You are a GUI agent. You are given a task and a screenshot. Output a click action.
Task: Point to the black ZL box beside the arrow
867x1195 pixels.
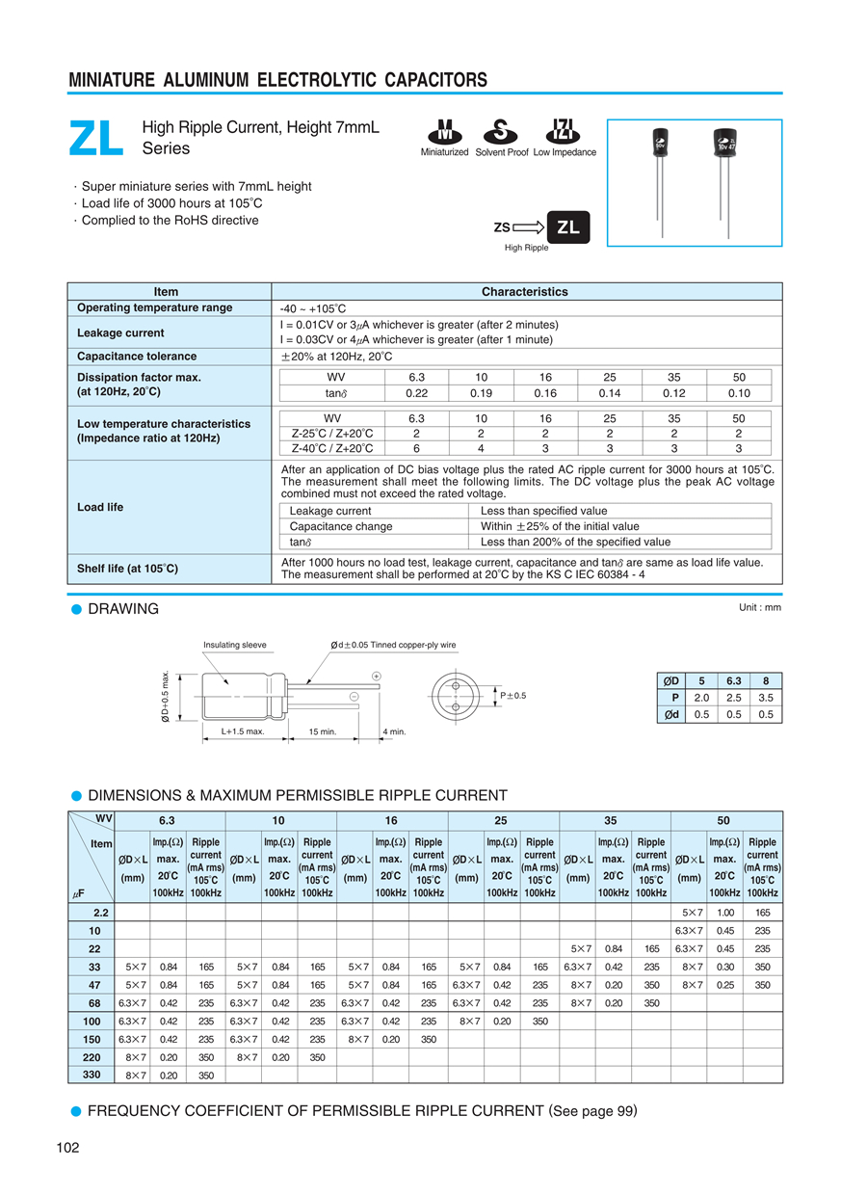click(x=568, y=227)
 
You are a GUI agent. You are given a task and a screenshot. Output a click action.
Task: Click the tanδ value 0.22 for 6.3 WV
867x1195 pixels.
click(x=416, y=393)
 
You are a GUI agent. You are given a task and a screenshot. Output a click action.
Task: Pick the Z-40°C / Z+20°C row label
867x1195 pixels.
click(x=332, y=448)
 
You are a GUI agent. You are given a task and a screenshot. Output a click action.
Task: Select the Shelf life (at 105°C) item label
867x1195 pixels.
click(x=127, y=569)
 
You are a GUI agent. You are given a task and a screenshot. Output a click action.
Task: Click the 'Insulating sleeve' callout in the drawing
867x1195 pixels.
click(x=235, y=645)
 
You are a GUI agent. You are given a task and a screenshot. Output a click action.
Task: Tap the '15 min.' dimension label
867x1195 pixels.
click(x=323, y=731)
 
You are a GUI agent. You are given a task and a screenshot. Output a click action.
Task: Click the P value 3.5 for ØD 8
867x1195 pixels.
click(x=766, y=698)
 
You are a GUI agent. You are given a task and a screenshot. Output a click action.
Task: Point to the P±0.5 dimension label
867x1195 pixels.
click(x=513, y=695)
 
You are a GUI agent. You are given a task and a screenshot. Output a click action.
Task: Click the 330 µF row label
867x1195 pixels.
click(x=92, y=1075)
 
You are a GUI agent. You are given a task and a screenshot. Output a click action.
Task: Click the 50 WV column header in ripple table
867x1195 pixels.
click(x=724, y=821)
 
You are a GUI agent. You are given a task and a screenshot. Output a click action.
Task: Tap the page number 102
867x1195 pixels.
click(x=67, y=1147)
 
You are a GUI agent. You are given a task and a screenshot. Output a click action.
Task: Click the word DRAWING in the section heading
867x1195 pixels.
click(x=123, y=609)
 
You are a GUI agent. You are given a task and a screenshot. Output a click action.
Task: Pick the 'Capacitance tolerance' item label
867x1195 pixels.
click(x=137, y=357)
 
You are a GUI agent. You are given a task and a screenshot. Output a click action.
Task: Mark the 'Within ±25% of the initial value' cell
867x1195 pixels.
click(x=560, y=526)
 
